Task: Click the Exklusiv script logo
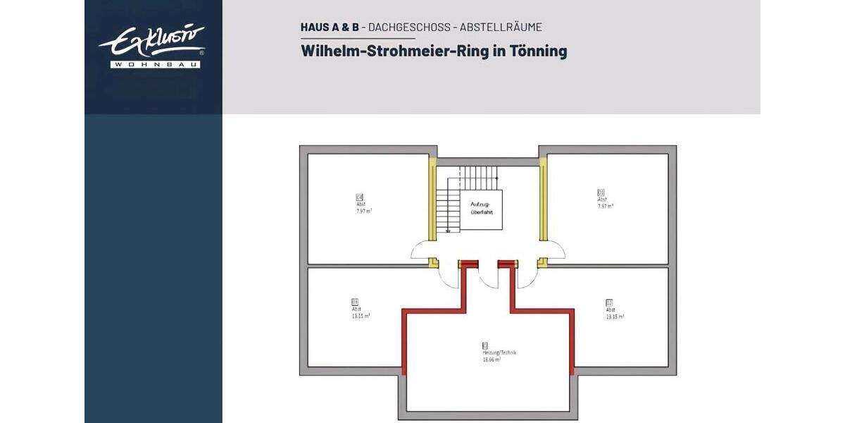point(151,42)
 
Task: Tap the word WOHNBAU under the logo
point(156,65)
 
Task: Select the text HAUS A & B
point(330,27)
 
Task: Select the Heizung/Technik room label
point(499,352)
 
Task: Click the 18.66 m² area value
point(492,360)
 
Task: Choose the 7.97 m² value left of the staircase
point(364,210)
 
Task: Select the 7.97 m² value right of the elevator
point(605,206)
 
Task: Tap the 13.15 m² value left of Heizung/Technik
point(361,316)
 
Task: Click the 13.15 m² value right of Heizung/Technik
point(614,317)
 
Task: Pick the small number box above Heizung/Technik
point(484,345)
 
